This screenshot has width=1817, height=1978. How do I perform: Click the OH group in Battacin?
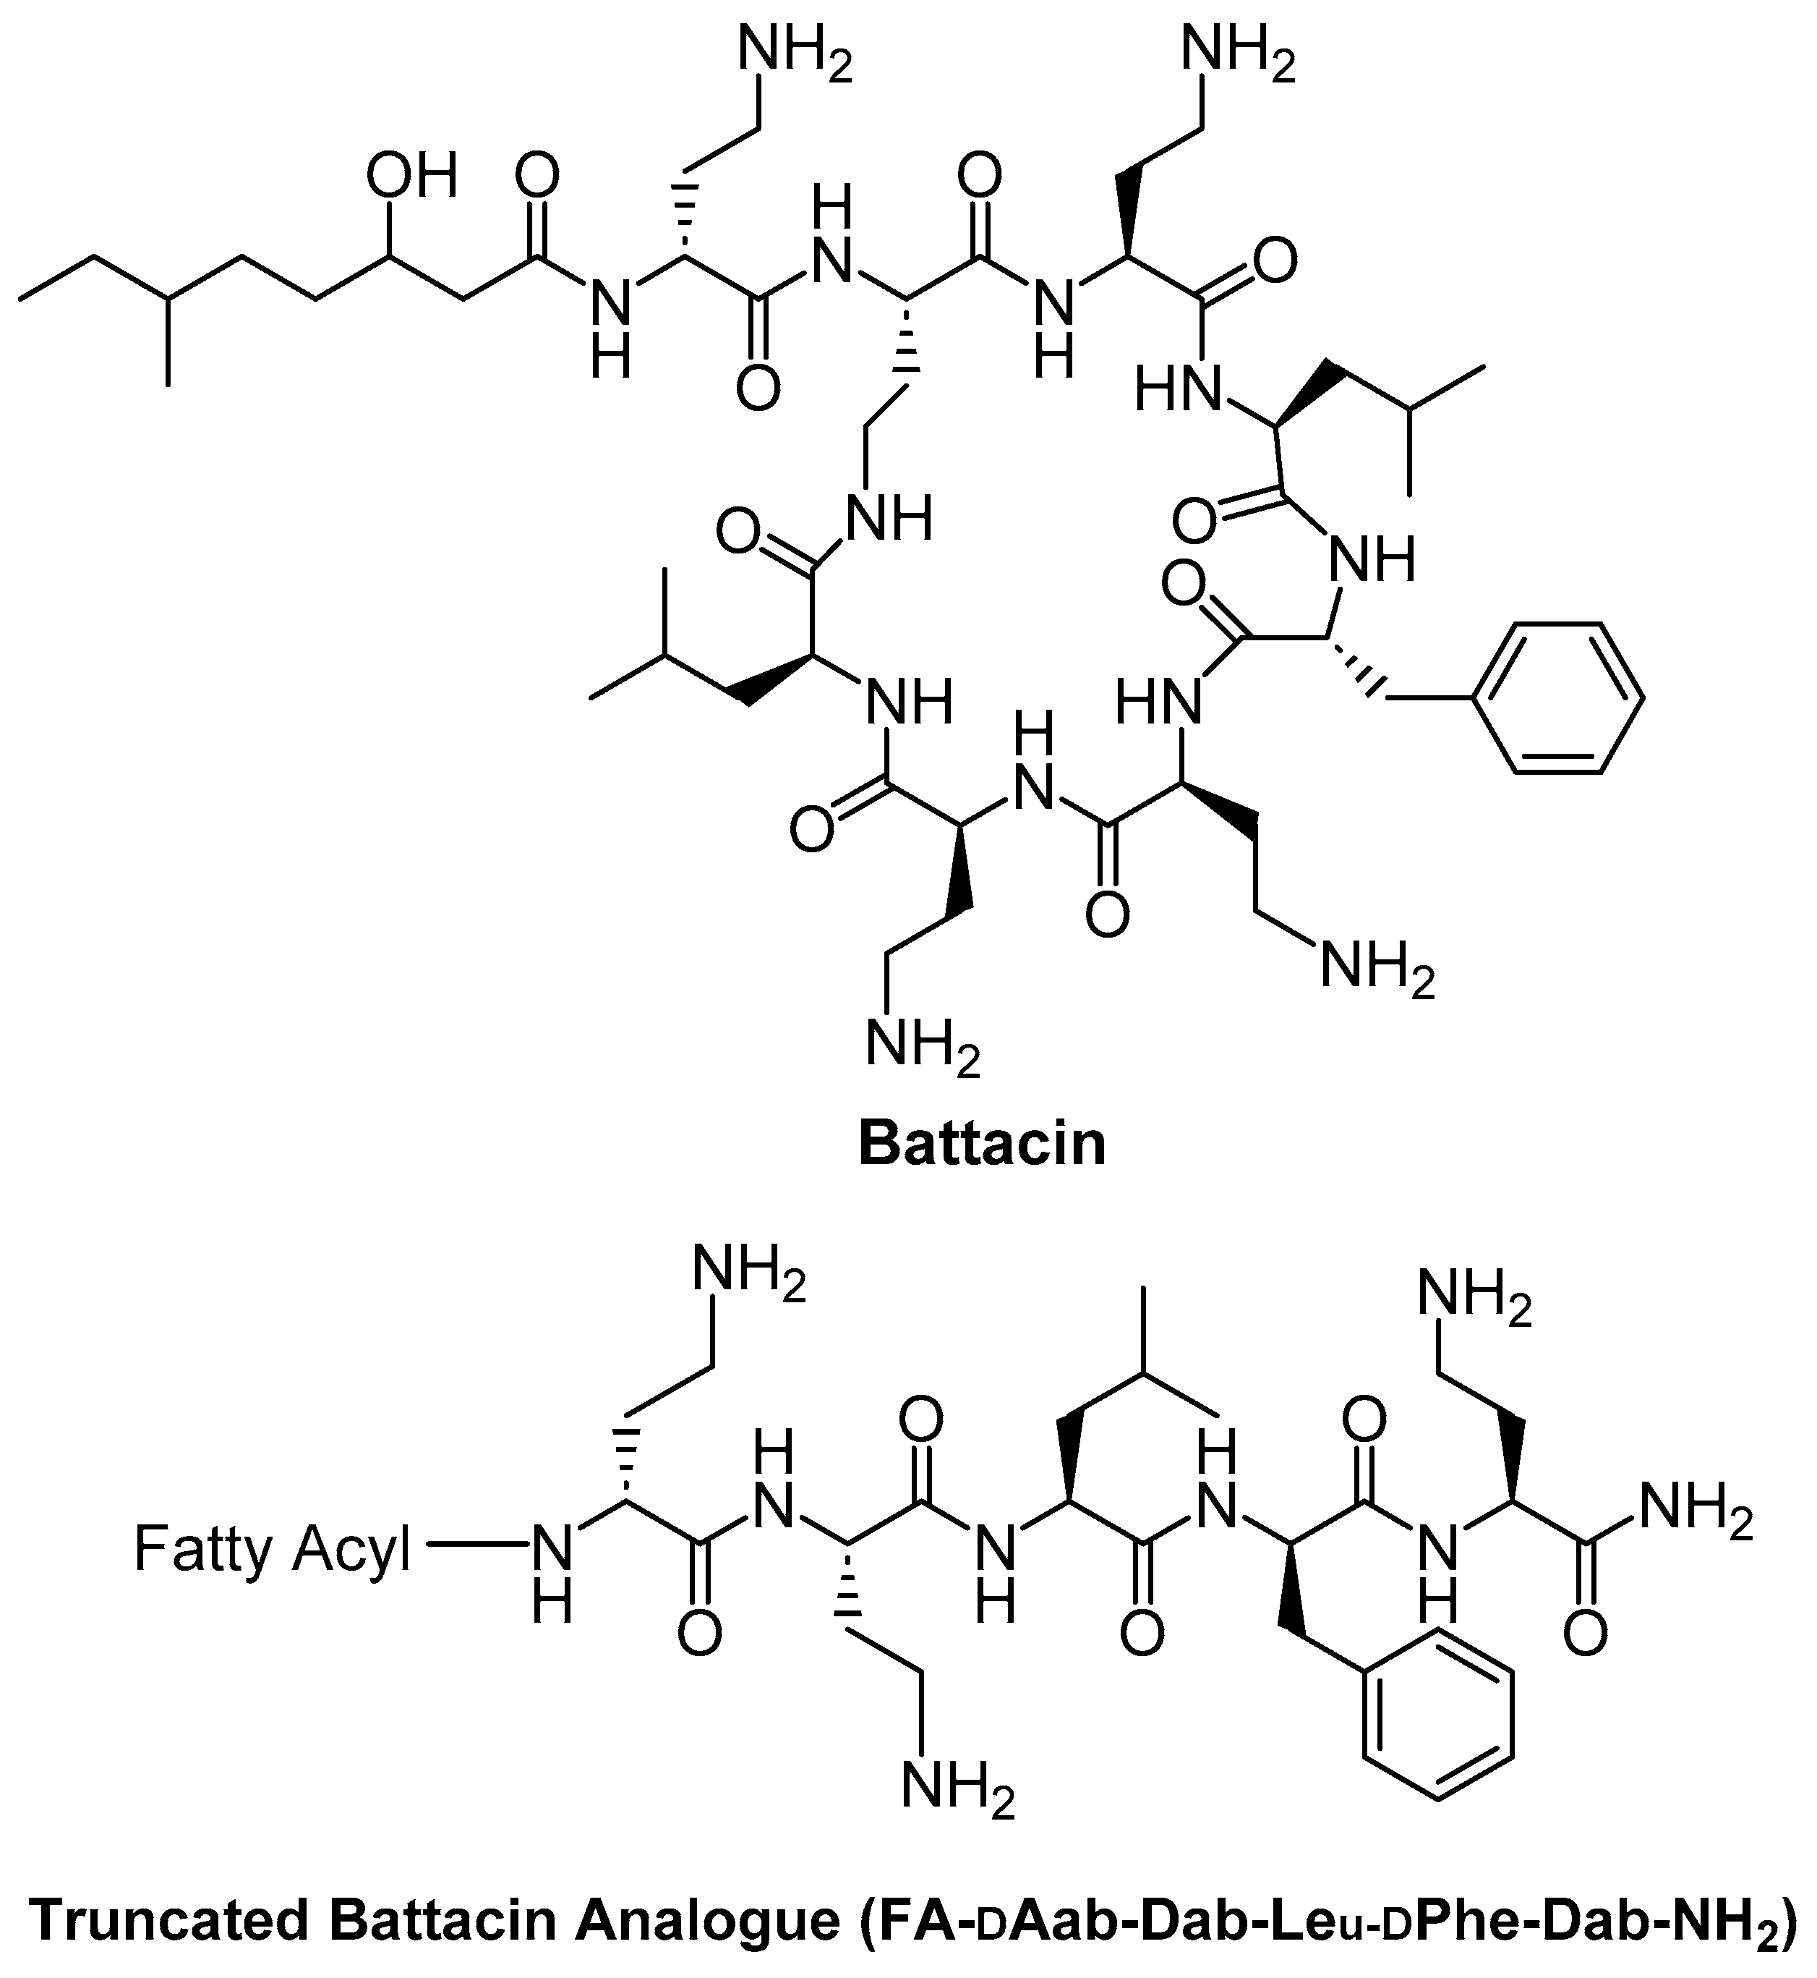[x=412, y=178]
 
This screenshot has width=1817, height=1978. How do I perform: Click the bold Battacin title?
[x=981, y=1144]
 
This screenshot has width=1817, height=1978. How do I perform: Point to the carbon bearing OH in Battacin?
[x=390, y=258]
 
